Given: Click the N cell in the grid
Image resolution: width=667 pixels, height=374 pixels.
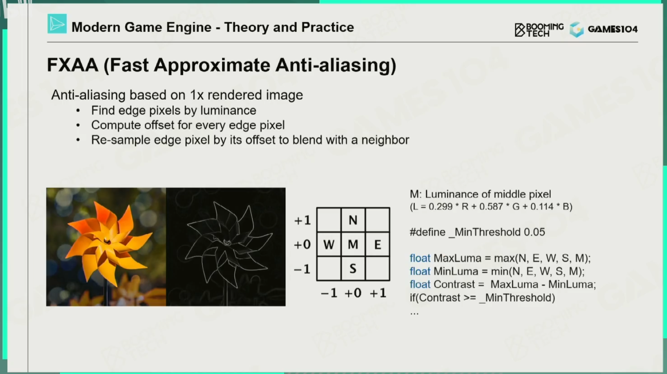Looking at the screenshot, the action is (x=353, y=220).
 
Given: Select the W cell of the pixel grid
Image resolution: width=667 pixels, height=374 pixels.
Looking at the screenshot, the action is (x=329, y=244).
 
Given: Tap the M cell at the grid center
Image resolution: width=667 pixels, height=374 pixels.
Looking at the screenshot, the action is (x=353, y=244).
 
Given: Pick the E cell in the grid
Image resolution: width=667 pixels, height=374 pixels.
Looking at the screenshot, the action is (x=378, y=244).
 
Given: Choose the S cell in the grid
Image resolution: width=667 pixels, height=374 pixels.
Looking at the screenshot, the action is (x=353, y=268).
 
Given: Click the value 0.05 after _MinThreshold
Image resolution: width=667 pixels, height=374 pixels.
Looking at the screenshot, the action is (x=534, y=232).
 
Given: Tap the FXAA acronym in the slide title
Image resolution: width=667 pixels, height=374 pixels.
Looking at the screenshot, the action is (x=73, y=65).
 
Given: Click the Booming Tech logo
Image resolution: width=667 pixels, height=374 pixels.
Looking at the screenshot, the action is (x=539, y=30).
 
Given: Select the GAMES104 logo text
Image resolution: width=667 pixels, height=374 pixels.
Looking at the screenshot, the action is (x=613, y=29).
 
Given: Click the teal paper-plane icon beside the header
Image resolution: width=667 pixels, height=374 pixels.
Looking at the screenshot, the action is (x=57, y=24).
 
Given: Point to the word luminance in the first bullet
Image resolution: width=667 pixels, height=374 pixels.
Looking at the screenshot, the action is (x=228, y=110).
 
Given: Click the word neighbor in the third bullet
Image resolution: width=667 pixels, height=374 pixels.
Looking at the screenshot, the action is (x=385, y=140).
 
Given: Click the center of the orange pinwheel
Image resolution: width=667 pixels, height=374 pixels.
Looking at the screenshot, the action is (x=107, y=241).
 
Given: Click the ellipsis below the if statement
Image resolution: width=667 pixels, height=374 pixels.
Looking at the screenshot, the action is (x=414, y=313).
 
